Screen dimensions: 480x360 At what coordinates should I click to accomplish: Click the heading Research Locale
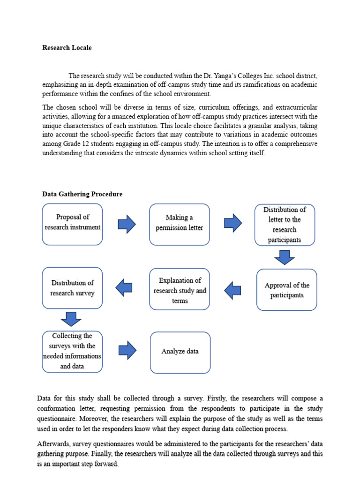coord(67,48)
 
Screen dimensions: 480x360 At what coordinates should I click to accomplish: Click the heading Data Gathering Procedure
coord(82,194)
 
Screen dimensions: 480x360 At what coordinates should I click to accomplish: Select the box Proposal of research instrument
coord(72,224)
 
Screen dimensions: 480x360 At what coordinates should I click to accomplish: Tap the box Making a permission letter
coord(180,224)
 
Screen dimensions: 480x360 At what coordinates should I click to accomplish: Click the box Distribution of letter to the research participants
coord(285,225)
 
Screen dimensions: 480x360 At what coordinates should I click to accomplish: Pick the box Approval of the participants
coord(287,290)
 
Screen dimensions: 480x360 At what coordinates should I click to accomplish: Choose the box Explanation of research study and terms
coord(180,290)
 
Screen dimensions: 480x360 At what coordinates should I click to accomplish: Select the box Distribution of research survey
coord(72,288)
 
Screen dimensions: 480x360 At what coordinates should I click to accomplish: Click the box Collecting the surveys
coord(72,351)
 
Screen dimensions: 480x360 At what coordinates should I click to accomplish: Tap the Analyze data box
coord(180,351)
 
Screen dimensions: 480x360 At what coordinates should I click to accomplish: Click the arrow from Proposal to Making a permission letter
coord(127,224)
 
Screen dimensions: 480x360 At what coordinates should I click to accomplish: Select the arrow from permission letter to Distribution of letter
coord(233,223)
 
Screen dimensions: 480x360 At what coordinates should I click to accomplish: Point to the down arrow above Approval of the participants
coord(285,257)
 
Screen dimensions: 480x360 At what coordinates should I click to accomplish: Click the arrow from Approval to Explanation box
coord(232,290)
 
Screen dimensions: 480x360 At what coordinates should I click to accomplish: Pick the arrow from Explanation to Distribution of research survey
coord(124,287)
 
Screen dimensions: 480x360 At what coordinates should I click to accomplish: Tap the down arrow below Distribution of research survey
coord(71,319)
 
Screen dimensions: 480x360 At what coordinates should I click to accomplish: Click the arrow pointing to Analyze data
coord(127,350)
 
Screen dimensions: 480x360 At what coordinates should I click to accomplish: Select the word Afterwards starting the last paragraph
coord(55,443)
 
